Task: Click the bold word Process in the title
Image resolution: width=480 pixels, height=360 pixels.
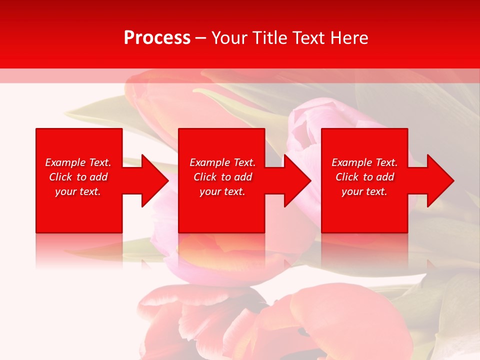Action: click(157, 38)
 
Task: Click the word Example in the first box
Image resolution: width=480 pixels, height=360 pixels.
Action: click(65, 162)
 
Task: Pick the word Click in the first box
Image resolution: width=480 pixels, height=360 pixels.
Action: click(61, 177)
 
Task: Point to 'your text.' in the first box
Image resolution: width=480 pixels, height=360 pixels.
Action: click(78, 191)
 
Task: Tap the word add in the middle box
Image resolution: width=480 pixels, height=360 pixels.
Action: click(243, 177)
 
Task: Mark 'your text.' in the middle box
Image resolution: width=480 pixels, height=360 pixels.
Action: click(222, 191)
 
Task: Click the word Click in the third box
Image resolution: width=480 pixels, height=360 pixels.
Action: click(347, 177)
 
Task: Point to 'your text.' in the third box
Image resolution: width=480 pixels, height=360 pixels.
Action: click(364, 191)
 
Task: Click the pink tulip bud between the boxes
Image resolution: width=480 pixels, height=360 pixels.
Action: click(306, 125)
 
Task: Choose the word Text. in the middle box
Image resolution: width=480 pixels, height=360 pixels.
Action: click(244, 162)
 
